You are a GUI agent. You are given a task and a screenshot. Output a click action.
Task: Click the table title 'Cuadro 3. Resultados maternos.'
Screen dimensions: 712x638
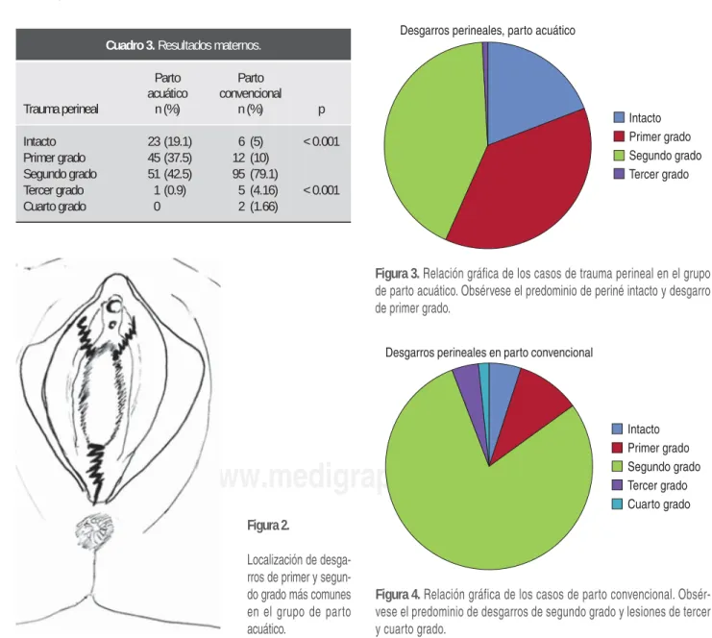(x=184, y=45)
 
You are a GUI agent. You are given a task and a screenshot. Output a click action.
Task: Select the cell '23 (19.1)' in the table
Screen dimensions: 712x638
(x=170, y=141)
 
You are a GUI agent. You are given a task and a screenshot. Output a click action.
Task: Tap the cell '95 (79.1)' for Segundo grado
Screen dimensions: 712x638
(x=256, y=174)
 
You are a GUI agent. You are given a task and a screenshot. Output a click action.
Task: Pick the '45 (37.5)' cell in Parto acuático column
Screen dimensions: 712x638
(x=170, y=158)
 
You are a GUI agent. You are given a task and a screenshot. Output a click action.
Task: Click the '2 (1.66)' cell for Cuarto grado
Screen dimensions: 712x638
(x=258, y=207)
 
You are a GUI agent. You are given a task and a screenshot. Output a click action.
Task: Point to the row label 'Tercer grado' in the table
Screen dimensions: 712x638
(x=54, y=190)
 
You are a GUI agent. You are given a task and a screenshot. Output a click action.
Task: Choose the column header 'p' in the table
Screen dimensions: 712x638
(x=322, y=110)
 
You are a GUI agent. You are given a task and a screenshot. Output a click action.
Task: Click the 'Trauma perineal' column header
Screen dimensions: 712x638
(x=61, y=109)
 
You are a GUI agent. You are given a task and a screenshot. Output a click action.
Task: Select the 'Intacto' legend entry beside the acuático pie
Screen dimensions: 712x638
(x=637, y=118)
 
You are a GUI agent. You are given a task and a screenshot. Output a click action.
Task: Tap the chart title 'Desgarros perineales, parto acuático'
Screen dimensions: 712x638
(x=488, y=31)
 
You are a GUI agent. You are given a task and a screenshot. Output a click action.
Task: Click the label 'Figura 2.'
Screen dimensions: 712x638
(x=268, y=526)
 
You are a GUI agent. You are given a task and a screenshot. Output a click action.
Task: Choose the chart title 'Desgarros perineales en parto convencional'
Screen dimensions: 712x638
(x=489, y=353)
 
